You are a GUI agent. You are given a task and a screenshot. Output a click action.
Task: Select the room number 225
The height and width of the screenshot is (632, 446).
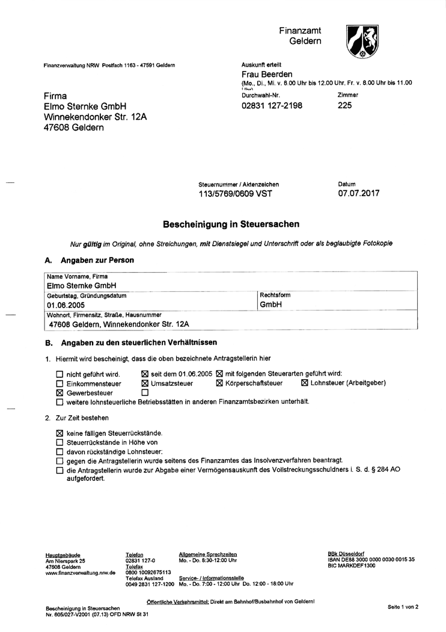pos(345,105)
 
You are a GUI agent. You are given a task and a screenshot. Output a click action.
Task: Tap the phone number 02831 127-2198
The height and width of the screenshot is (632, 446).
pos(271,105)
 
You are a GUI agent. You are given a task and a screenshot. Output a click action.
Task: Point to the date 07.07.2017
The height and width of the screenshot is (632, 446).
pos(359,193)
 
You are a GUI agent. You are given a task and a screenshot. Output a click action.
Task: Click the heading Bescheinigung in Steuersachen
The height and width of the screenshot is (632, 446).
pos(231,224)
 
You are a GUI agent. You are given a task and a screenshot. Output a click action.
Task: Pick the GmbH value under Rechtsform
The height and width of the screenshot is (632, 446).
pos(270,305)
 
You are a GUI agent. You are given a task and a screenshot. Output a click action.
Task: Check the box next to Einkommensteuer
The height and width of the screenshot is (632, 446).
pos(59,383)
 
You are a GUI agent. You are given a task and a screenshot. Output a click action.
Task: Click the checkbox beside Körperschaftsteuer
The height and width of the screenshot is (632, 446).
pos(219,383)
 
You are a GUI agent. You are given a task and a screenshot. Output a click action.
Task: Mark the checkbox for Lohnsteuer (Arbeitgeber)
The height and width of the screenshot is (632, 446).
pos(304,383)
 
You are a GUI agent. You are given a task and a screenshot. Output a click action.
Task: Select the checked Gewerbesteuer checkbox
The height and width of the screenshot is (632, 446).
pos(59,393)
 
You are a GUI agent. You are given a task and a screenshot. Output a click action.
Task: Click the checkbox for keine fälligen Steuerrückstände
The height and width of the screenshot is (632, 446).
pos(59,433)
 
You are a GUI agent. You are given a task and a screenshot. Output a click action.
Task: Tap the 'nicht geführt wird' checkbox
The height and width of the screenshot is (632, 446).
pos(59,374)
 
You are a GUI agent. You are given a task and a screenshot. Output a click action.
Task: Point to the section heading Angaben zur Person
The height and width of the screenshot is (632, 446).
pos(97,260)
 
